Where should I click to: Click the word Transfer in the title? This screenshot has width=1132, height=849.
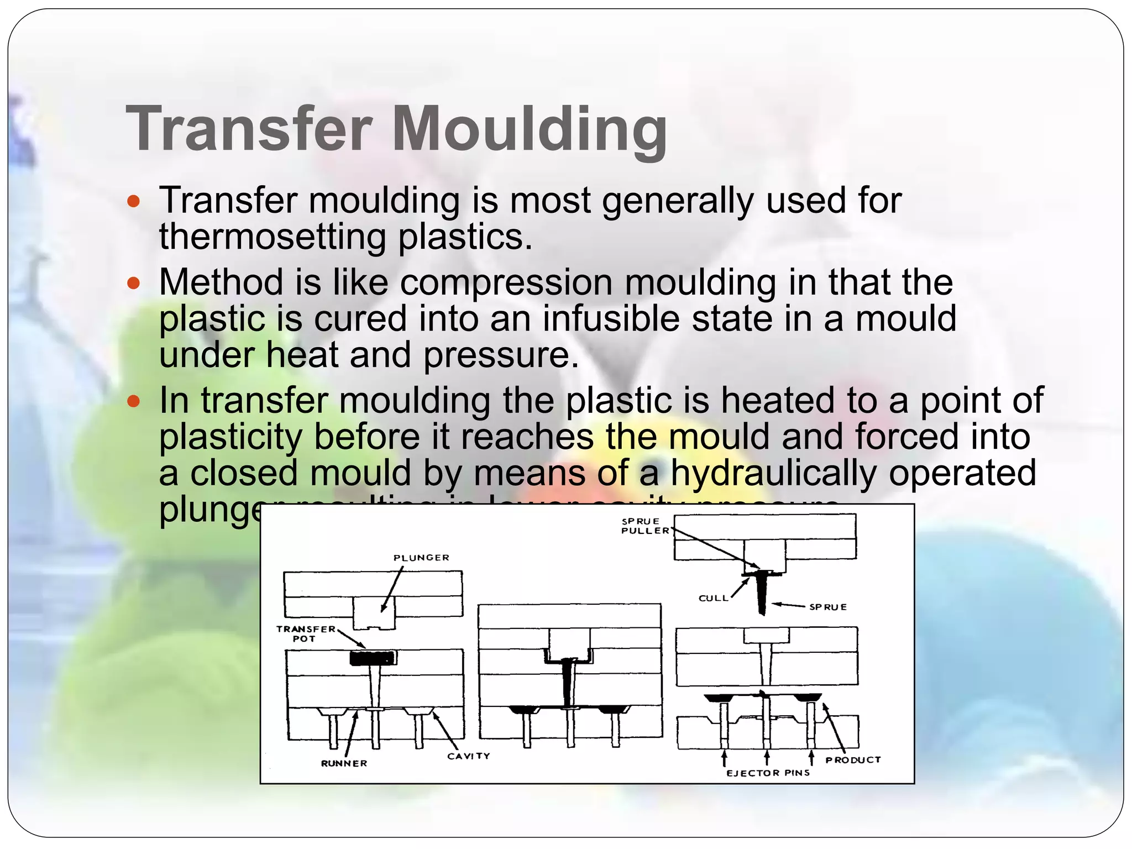249,128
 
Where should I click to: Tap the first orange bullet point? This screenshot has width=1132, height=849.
133,201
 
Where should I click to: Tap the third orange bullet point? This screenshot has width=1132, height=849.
133,401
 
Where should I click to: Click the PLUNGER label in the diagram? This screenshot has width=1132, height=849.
421,558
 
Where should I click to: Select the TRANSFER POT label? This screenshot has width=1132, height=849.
306,633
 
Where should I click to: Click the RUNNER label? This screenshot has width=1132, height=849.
344,763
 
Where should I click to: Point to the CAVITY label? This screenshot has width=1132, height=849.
468,756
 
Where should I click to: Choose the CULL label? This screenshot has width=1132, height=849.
714,598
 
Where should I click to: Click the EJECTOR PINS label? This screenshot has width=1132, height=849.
768,773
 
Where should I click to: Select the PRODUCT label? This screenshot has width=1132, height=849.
853,760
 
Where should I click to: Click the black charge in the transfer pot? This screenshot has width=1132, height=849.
372,658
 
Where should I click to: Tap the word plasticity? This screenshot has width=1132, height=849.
230,437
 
